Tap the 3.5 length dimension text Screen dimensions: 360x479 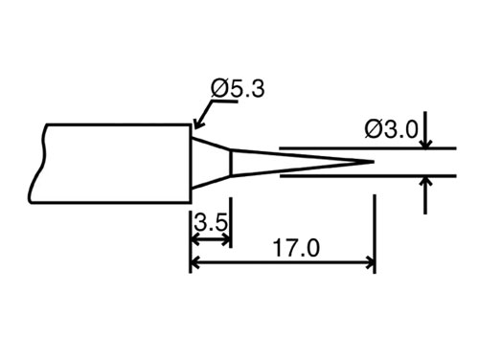(211, 223)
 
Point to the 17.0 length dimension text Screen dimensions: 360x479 (294, 250)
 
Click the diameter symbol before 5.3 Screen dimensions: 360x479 (218, 89)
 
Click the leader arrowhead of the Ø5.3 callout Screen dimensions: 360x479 (195, 124)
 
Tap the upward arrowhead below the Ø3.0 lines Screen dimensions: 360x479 (424, 182)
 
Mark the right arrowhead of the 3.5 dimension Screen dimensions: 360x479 (226, 239)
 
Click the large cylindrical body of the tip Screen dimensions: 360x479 (115, 162)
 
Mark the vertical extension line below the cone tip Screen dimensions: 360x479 (374, 230)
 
